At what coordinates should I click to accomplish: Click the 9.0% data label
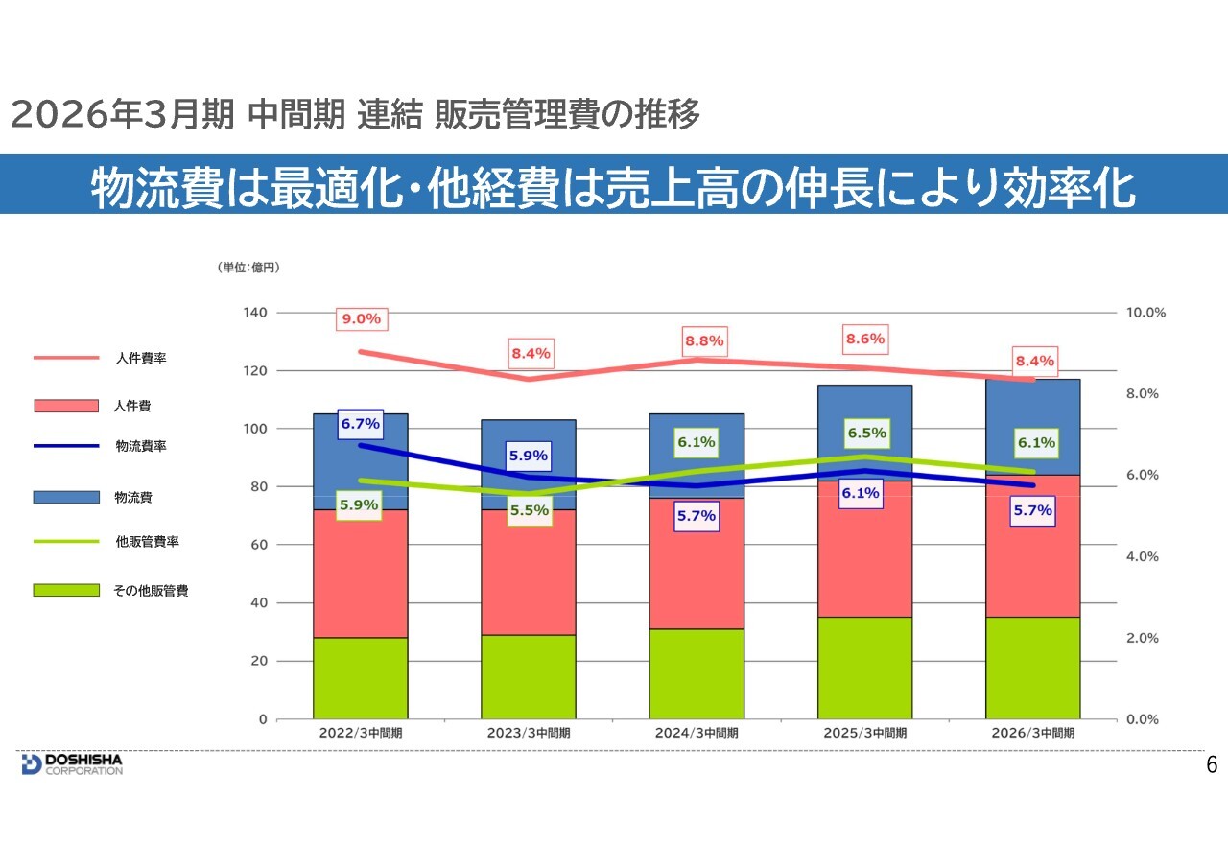361,318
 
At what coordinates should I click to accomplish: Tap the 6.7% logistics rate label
361,424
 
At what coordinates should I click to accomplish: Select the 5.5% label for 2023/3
530,510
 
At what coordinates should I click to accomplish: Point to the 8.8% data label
704,340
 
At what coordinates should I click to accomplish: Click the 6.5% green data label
866,434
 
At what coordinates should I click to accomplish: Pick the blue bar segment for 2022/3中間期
361,461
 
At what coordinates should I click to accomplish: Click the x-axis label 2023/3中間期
529,732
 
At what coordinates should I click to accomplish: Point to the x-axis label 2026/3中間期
1033,732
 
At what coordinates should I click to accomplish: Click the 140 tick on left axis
255,313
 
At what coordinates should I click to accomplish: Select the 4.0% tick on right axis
1145,556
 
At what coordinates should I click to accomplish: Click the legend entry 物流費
133,497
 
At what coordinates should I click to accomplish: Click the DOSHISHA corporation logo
72,763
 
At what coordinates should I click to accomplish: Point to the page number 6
1212,764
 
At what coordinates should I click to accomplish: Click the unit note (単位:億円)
248,268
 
